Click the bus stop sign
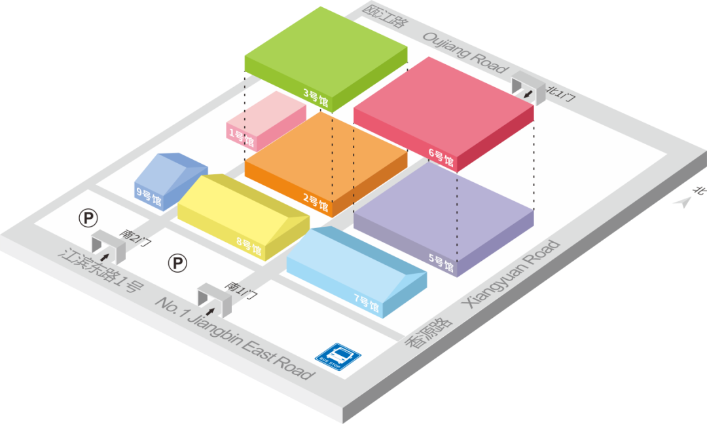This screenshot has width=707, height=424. (x=338, y=356)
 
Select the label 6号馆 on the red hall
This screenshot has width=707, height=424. (x=441, y=157)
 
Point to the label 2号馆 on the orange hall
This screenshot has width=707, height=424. (x=316, y=201)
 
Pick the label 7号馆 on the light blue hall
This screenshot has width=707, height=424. (x=366, y=303)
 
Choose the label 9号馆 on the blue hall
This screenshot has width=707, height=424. (x=149, y=196)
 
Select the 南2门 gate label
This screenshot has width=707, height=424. (x=136, y=237)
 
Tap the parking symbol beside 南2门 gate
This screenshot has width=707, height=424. (x=88, y=217)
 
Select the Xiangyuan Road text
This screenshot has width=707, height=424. (x=511, y=275)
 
